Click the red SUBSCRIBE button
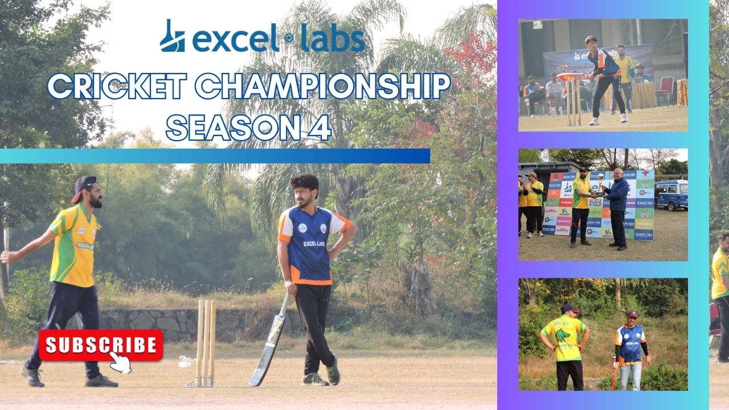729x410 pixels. (x=101, y=345)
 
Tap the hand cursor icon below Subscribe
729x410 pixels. (x=121, y=362)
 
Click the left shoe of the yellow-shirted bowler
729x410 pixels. (x=33, y=376)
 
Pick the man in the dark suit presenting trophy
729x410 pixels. (x=617, y=208)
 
